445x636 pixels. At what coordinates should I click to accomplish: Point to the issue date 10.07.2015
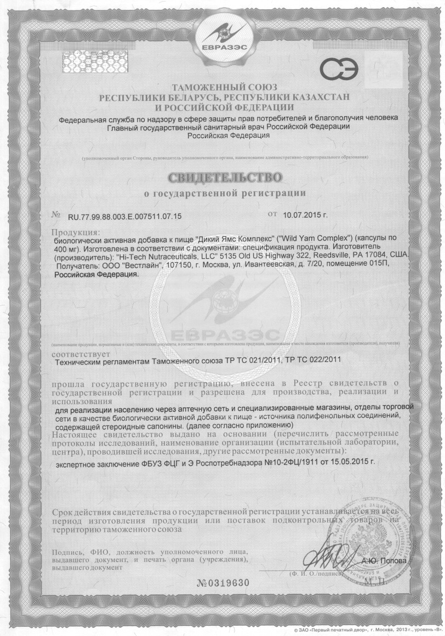click(x=302, y=215)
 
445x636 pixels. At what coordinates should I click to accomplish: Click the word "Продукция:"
click(x=76, y=232)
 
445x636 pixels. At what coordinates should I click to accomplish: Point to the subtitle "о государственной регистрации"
click(x=225, y=193)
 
